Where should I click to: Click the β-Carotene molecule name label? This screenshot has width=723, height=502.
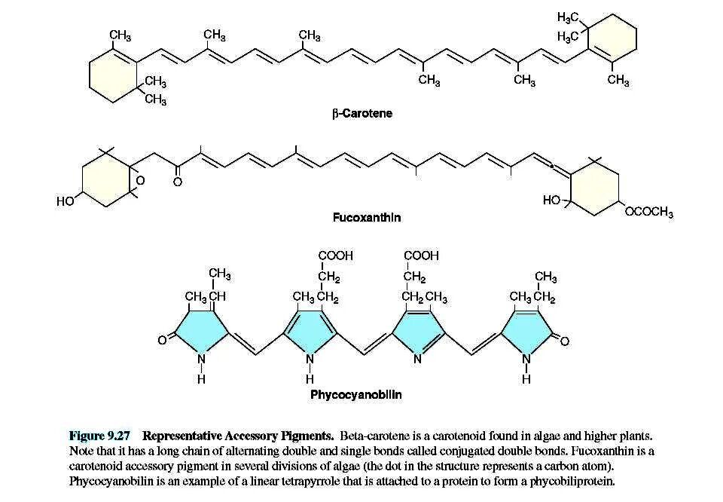pyautogui.click(x=362, y=114)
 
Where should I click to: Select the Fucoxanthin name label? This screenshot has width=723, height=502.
pyautogui.click(x=367, y=217)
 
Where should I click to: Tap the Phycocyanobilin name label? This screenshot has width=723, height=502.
pyautogui.click(x=356, y=394)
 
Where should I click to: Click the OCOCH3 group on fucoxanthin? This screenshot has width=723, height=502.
pyautogui.click(x=649, y=213)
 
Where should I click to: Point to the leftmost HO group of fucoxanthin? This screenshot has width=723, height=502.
pyautogui.click(x=66, y=200)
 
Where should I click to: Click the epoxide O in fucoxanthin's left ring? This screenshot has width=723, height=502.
pyautogui.click(x=139, y=181)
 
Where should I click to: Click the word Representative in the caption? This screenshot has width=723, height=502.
pyautogui.click(x=178, y=436)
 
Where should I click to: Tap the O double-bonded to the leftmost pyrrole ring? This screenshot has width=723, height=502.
pyautogui.click(x=161, y=341)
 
